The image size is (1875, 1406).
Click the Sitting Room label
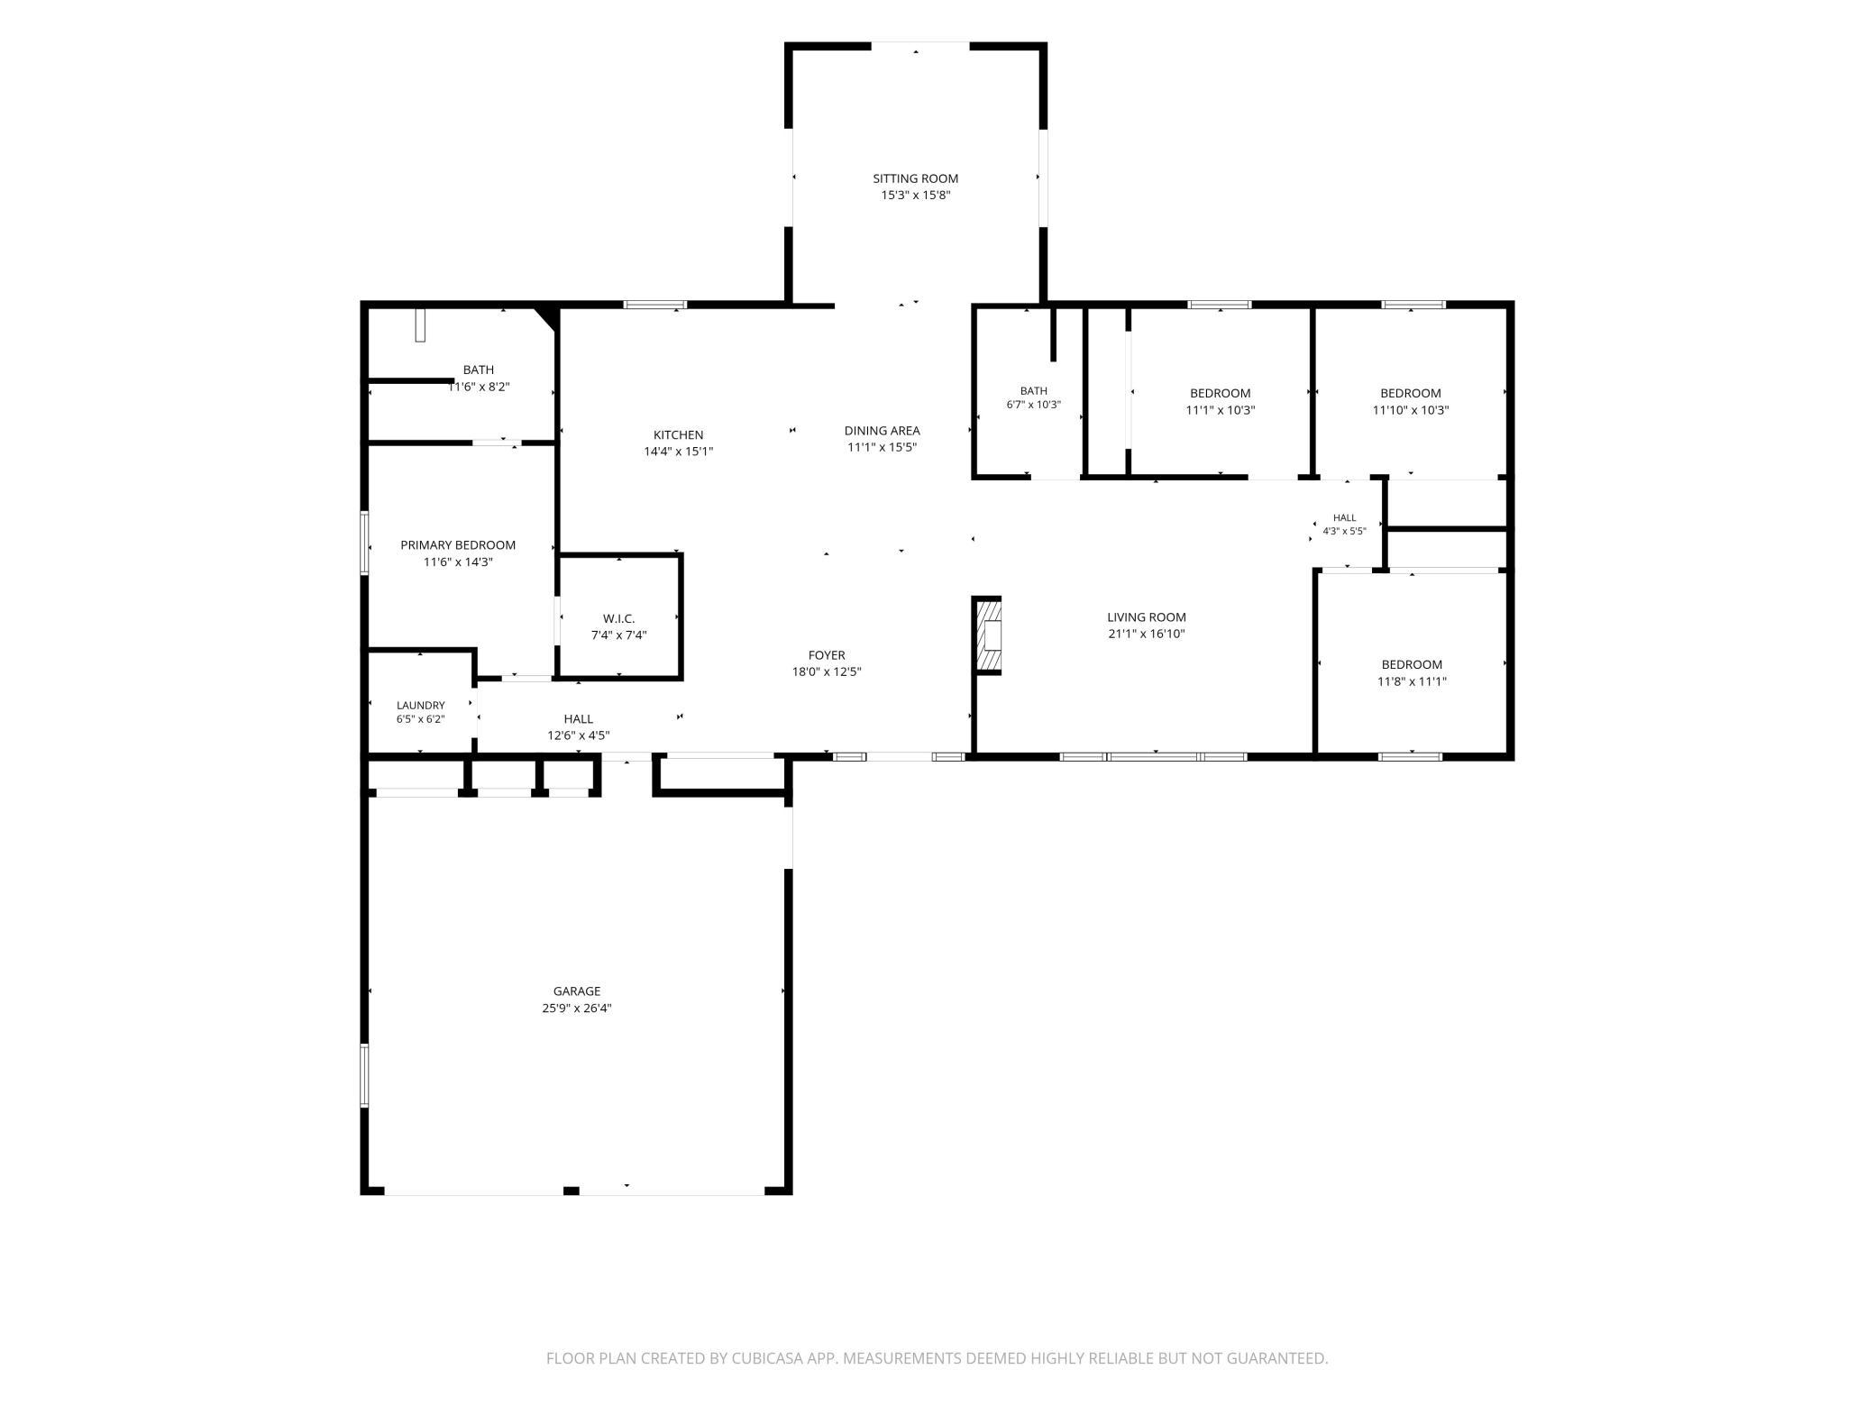point(915,178)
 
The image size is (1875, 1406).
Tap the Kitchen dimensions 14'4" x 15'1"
point(678,452)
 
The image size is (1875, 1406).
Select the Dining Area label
point(882,431)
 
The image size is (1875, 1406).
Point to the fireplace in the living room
point(987,635)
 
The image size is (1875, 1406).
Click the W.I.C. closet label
point(618,618)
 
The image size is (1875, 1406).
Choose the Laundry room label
point(420,706)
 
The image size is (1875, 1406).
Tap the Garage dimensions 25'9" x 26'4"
point(577,1009)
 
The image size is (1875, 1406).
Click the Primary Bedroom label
point(458,545)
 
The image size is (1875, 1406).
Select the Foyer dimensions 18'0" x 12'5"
point(826,671)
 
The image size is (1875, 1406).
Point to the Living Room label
point(1147,617)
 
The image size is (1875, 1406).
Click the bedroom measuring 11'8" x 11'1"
point(1412,665)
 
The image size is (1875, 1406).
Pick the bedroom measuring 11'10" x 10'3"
point(1411,393)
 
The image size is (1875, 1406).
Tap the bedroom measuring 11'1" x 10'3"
point(1221,393)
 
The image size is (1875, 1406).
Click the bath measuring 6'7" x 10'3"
point(1033,391)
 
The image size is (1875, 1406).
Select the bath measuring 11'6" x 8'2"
point(479,370)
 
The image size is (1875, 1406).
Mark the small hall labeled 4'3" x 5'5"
point(1344,518)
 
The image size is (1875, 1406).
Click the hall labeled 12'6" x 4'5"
point(578,719)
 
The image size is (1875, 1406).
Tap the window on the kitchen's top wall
point(655,305)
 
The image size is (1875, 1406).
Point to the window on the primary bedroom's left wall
point(364,543)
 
